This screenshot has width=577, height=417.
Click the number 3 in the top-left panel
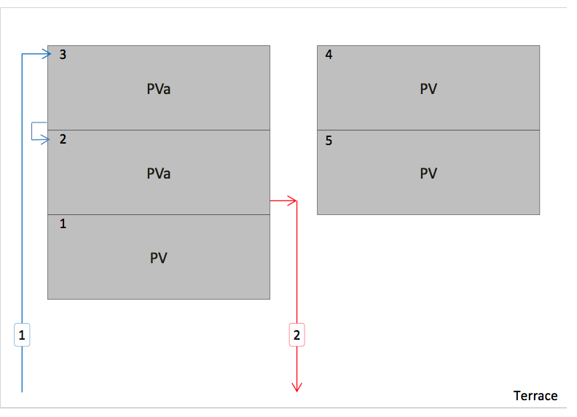[63, 55]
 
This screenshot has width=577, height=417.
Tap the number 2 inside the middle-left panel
[63, 139]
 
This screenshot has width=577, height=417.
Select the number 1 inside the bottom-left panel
[63, 224]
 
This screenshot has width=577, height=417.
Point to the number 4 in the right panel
[329, 55]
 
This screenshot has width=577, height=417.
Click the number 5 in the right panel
[329, 141]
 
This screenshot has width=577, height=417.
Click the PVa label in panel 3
[159, 89]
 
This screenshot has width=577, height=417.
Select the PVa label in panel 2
[159, 174]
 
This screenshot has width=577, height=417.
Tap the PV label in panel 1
[159, 258]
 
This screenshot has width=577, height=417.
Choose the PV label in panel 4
[428, 89]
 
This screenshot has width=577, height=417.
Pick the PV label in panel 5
[428, 174]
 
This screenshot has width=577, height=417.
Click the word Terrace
[535, 396]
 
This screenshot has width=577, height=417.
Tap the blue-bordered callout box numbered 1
[22, 335]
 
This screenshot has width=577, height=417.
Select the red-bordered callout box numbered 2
[297, 335]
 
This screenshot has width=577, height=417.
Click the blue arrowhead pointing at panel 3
[47, 54]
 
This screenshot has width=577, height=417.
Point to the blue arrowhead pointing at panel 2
[46, 140]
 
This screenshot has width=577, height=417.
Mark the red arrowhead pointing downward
[297, 388]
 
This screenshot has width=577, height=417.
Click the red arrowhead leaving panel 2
[293, 200]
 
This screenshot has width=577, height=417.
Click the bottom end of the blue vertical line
[22, 392]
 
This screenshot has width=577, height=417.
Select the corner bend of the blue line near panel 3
[22, 54]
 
